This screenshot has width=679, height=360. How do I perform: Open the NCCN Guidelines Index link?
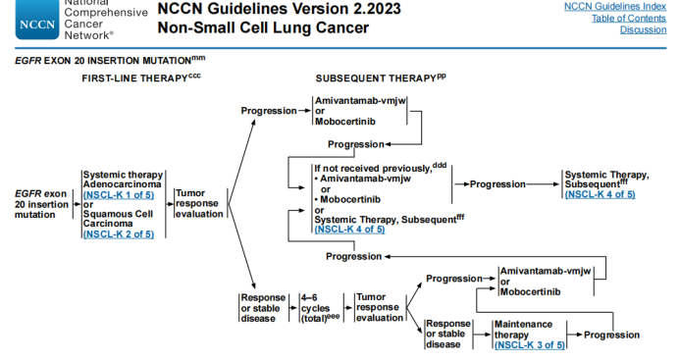pos(616,7)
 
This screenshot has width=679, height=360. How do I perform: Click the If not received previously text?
pos(372,168)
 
